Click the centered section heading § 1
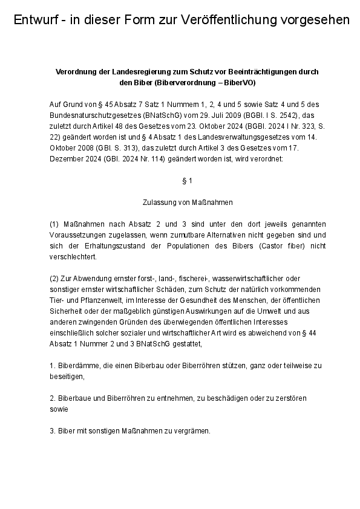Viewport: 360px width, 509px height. pos(187,180)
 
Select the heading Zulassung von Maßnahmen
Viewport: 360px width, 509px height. pos(187,202)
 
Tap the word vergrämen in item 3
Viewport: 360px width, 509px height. pos(190,431)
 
